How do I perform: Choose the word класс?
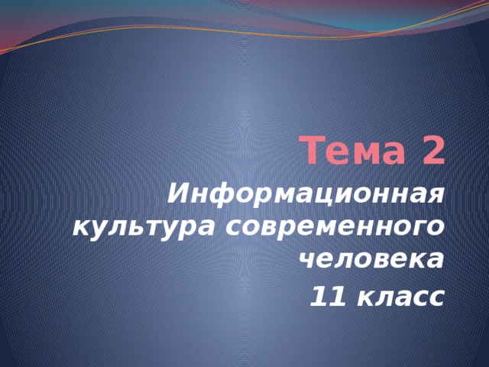401,294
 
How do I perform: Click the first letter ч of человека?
306,260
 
